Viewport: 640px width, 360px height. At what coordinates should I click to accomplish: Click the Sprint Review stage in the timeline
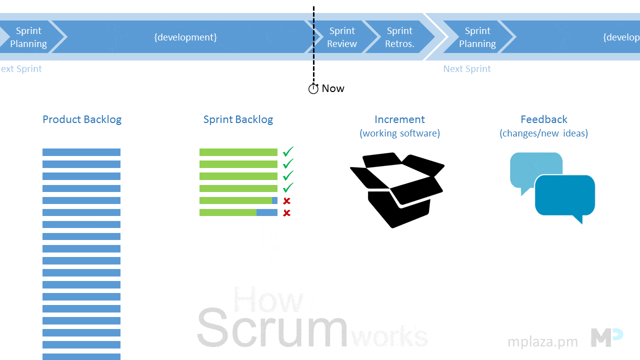(342, 37)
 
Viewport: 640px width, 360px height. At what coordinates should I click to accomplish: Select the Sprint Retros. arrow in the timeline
(400, 37)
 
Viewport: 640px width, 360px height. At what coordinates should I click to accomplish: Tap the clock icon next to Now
(313, 89)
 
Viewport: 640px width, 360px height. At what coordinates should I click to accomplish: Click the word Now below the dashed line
(333, 88)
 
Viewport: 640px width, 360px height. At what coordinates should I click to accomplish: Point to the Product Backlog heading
(82, 119)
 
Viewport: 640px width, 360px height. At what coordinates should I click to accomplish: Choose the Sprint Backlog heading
(238, 119)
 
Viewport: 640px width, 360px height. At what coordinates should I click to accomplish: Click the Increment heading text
(399, 119)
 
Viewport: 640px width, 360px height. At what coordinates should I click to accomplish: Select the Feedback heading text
(544, 119)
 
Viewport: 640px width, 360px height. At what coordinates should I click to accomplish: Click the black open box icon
(397, 190)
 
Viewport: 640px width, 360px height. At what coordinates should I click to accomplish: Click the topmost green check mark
(288, 151)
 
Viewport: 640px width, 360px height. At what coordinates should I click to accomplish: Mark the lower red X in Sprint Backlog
(287, 213)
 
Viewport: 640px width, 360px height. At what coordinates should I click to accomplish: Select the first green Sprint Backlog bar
(238, 152)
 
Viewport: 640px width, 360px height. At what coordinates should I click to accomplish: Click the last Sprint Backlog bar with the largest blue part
(238, 212)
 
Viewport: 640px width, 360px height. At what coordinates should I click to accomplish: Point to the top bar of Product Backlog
(81, 152)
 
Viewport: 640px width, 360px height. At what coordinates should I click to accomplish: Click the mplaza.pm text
(542, 342)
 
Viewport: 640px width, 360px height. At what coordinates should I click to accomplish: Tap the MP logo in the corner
(606, 337)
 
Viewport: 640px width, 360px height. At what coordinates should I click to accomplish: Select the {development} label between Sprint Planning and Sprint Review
(185, 37)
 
